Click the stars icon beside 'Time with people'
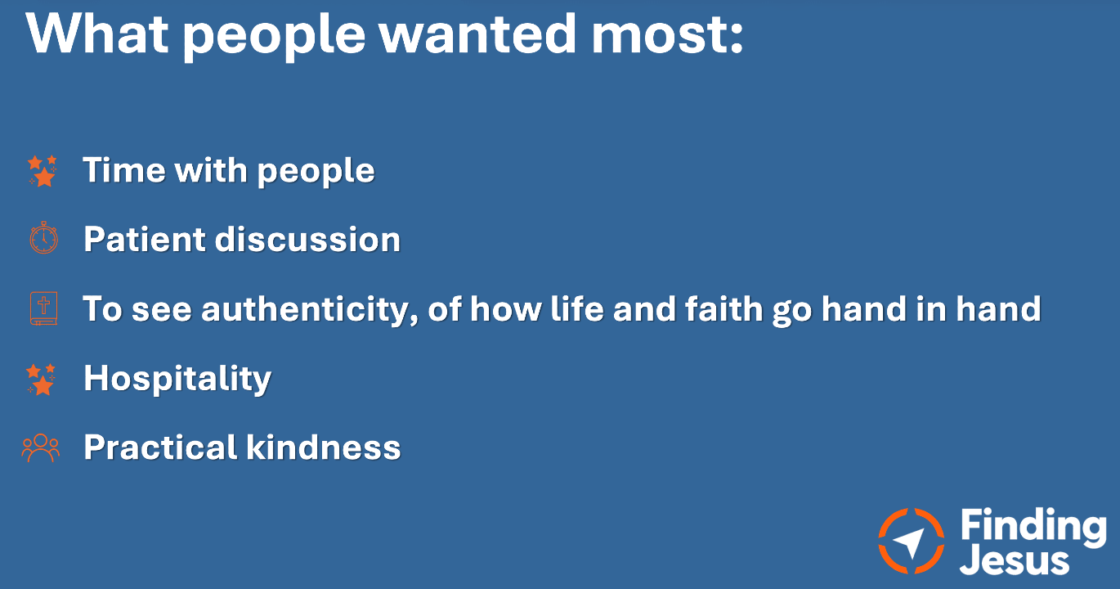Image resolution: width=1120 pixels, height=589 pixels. [43, 171]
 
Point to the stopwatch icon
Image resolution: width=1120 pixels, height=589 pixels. [44, 238]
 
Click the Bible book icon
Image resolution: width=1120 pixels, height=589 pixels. [44, 308]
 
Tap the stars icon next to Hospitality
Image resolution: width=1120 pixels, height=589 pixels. [42, 380]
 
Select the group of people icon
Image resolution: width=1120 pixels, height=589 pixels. [41, 447]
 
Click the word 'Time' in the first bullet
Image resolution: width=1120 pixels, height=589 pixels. [124, 170]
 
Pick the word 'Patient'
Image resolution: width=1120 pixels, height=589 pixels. [145, 239]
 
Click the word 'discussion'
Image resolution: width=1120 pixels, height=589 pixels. [308, 239]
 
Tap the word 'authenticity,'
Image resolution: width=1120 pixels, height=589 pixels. [310, 310]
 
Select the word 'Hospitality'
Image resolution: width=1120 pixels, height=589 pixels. [177, 380]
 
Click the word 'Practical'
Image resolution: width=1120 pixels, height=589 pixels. [160, 447]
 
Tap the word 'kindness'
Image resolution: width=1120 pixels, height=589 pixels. [324, 447]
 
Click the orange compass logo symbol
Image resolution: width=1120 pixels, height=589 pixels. [912, 541]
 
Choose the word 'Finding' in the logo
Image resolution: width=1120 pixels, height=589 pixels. [1033, 527]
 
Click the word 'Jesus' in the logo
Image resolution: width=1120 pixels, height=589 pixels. [1015, 560]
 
